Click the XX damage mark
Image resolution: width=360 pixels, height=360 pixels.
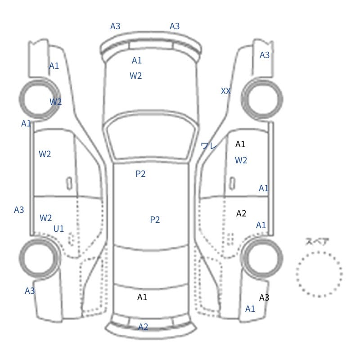point(226,91)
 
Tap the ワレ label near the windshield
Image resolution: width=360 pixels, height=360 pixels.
point(209,146)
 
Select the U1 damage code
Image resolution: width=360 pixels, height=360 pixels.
point(58,229)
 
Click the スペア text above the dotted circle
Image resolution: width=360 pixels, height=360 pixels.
point(314,242)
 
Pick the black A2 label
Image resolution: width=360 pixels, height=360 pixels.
point(241,213)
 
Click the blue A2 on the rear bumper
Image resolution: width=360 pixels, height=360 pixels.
point(143,327)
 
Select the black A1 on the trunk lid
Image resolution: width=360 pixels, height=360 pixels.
point(142,297)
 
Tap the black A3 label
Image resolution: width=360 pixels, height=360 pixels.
point(264,297)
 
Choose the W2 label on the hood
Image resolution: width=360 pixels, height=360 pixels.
point(136,76)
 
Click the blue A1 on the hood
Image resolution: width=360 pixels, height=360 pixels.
point(137,61)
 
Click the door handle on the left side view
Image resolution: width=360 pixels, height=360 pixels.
point(69,184)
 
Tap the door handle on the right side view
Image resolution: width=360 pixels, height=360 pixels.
point(232,184)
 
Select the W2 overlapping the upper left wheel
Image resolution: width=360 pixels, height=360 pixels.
point(55,102)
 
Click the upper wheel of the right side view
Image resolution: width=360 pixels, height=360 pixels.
point(262,99)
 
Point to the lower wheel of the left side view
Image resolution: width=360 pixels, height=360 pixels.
point(39,258)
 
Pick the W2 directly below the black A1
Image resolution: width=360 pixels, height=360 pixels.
point(241,160)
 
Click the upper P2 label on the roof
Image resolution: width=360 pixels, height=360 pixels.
point(140,174)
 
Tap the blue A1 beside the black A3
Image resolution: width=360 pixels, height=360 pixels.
point(250,309)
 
